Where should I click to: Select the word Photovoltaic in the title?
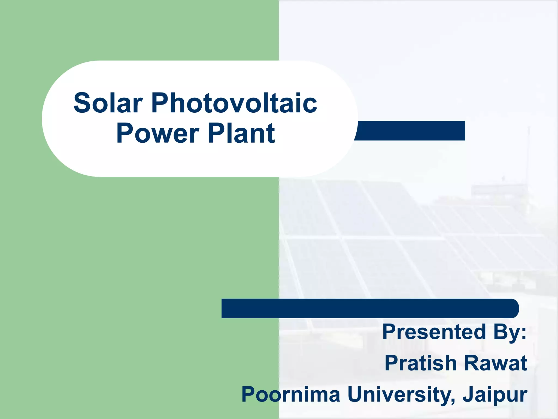234,103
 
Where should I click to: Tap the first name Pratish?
421,363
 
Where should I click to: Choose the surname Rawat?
496,363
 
